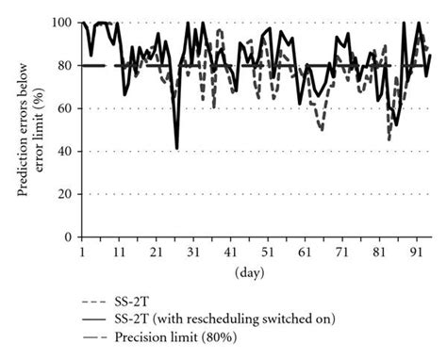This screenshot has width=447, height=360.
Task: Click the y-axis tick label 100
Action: (x=64, y=22)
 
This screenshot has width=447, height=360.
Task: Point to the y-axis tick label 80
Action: (x=67, y=65)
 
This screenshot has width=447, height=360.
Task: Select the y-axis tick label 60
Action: (x=67, y=108)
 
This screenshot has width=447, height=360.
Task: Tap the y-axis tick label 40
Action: (x=67, y=152)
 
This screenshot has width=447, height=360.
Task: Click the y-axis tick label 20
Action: (x=67, y=194)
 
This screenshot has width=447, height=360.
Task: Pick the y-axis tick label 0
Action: (x=71, y=237)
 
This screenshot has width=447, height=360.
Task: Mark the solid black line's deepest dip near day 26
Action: (x=176, y=148)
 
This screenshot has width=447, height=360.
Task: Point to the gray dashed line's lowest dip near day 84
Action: (x=389, y=139)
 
